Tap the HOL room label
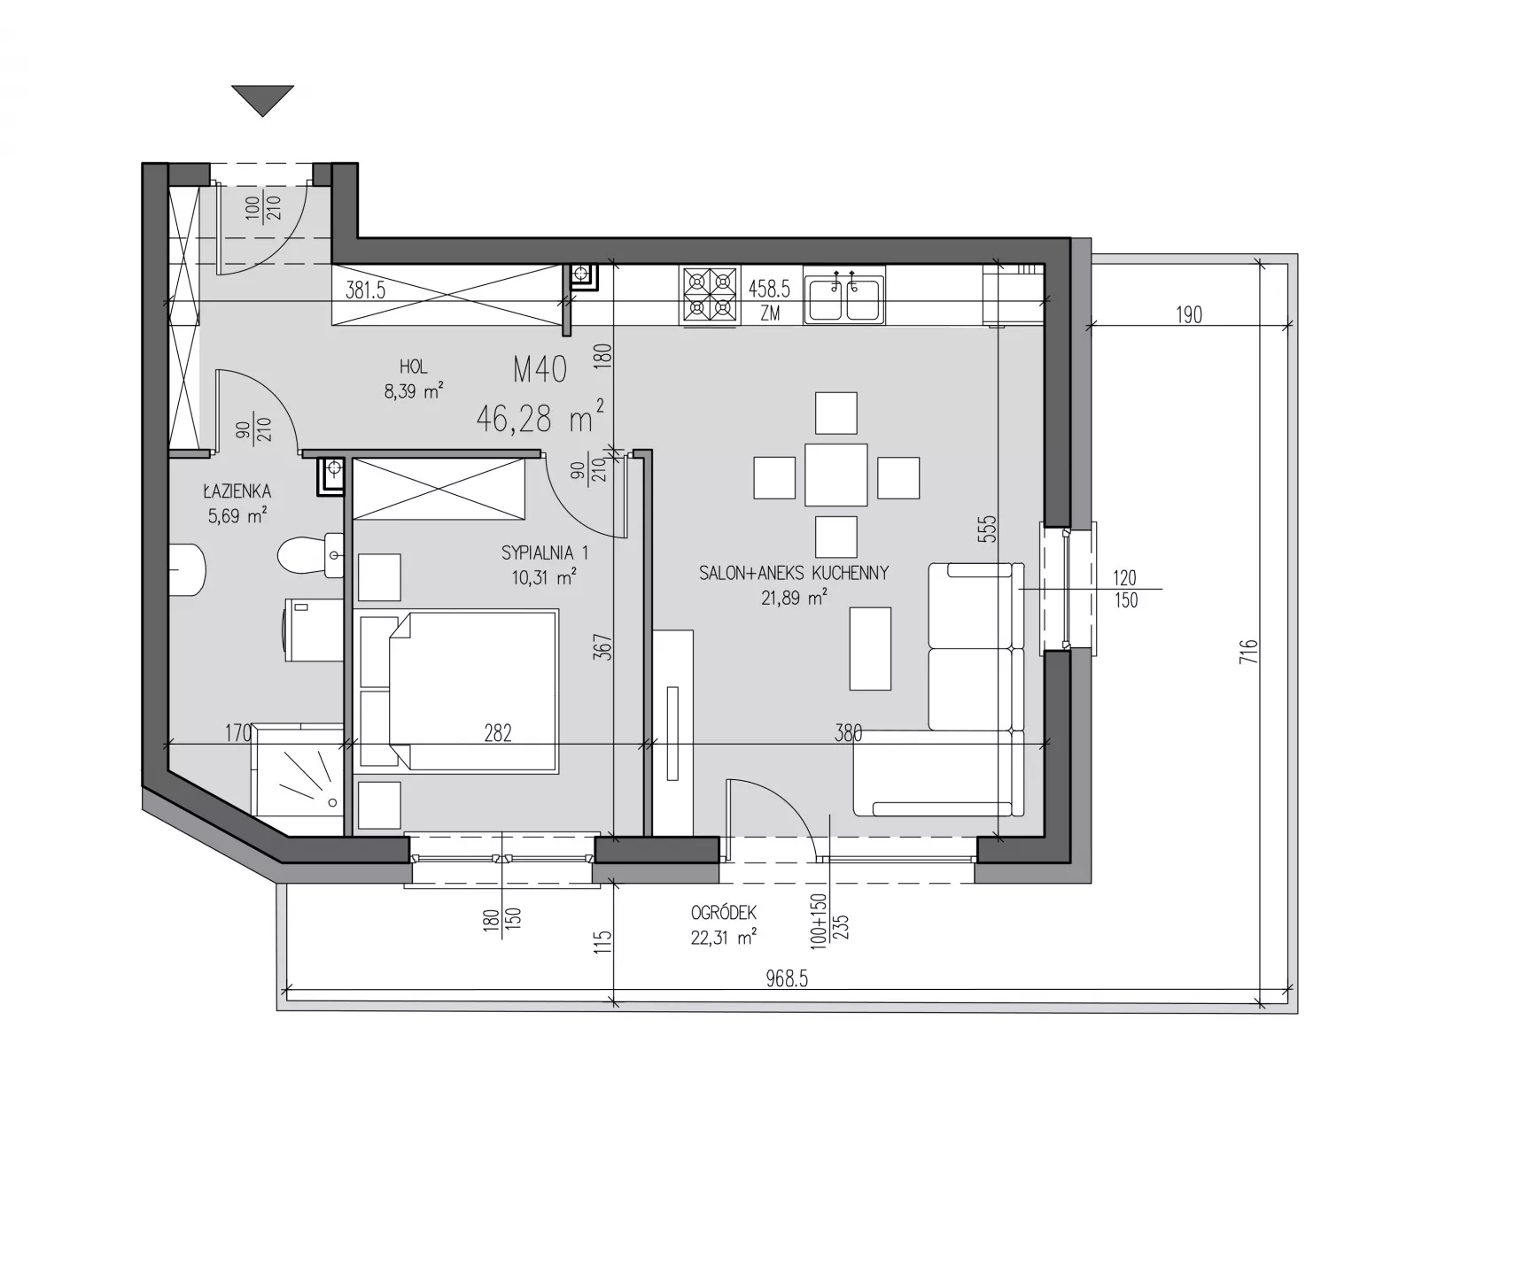tap(413, 367)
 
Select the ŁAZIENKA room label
tap(237, 491)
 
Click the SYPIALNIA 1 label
tap(544, 553)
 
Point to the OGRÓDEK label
tap(724, 913)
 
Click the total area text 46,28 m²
tap(540, 416)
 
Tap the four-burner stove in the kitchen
tap(710, 295)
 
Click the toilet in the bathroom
tap(310, 556)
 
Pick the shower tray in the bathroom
tap(298, 770)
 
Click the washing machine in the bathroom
tap(315, 630)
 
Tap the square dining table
tap(835, 474)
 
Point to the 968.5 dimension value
tap(787, 979)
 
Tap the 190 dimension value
tap(1189, 314)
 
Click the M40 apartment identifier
tap(540, 370)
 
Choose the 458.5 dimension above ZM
tap(769, 289)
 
